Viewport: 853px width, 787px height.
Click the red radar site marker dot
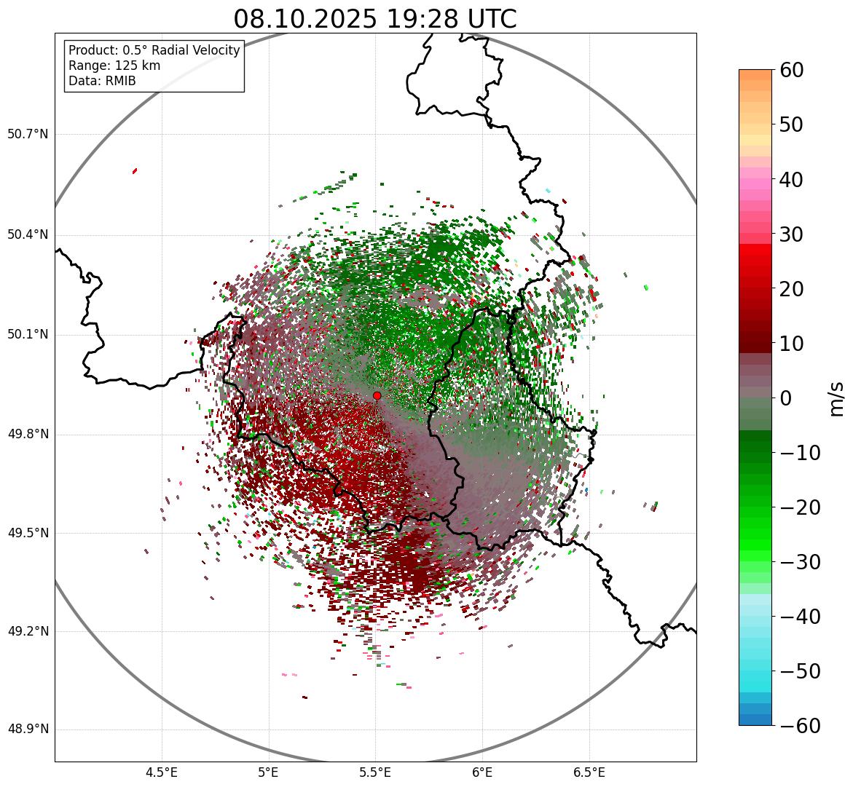click(x=377, y=395)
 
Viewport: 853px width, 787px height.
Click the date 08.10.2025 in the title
click(x=304, y=19)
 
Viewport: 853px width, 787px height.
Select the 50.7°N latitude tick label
click(x=28, y=135)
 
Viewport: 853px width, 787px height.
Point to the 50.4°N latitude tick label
click(x=28, y=234)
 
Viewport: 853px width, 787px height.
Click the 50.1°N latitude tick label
click(x=28, y=335)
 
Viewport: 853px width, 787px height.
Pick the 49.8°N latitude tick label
click(x=28, y=435)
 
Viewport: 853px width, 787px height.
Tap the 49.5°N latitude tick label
click(x=28, y=533)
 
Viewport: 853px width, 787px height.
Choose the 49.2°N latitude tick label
click(x=28, y=631)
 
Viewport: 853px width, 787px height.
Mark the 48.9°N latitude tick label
click(x=28, y=729)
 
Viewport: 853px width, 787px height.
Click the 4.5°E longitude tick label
click(x=162, y=772)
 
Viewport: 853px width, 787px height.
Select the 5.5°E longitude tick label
click(x=375, y=772)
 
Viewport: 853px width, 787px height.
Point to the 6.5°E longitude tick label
click(x=589, y=772)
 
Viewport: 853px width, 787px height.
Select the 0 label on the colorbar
click(x=786, y=398)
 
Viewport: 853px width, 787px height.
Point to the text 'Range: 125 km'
click(x=114, y=66)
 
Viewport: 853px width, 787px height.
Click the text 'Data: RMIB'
click(x=102, y=81)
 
